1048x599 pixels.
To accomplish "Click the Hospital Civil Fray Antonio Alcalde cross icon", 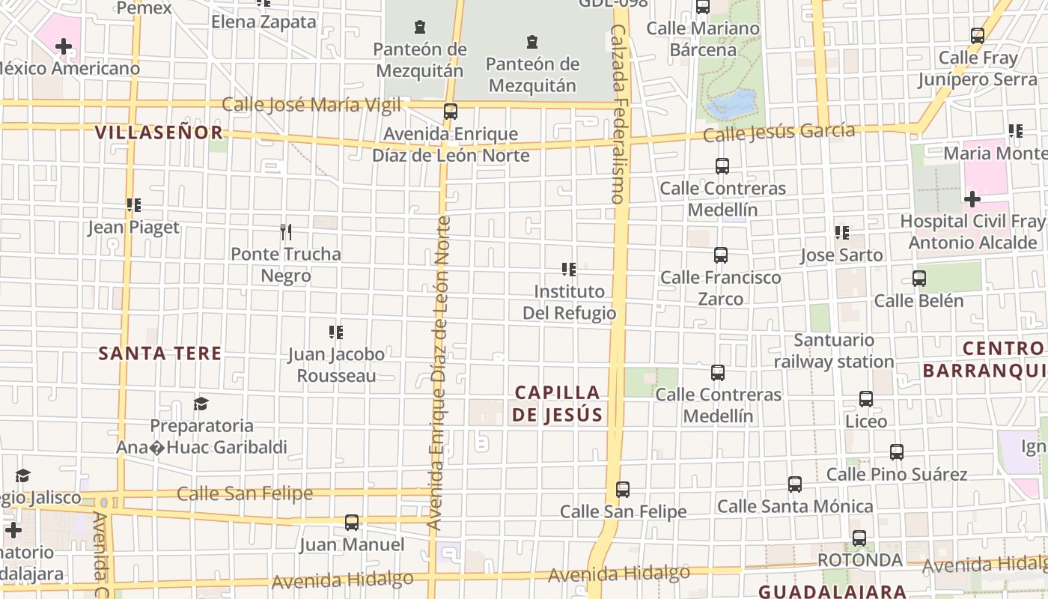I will pos(972,199).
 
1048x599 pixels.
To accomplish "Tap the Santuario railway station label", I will pos(834,351).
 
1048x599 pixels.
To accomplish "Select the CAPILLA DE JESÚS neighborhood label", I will pos(558,404).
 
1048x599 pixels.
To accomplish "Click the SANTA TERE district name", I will pos(160,353).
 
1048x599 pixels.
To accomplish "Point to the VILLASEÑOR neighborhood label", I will pos(159,133).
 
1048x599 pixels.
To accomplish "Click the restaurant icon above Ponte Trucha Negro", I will pos(285,232).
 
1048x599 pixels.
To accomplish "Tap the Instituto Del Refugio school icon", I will pos(569,270).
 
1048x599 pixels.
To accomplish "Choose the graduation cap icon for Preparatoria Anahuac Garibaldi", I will pos(201,404).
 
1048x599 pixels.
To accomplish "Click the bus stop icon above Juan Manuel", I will pos(352,522).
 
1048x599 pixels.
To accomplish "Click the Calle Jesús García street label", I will pos(779,133).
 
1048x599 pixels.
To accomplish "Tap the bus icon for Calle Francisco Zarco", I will pos(721,255).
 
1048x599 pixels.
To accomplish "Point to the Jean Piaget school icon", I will pos(134,205).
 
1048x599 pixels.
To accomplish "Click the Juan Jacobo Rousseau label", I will pos(336,365).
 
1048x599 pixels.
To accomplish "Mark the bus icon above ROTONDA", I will pos(859,538).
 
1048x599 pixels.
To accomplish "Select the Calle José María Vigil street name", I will pos(311,105).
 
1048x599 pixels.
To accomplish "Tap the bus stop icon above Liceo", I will pos(866,399).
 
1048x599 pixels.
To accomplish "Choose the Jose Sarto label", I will pos(841,255).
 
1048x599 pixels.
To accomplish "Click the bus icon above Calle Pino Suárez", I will pos(897,452).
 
